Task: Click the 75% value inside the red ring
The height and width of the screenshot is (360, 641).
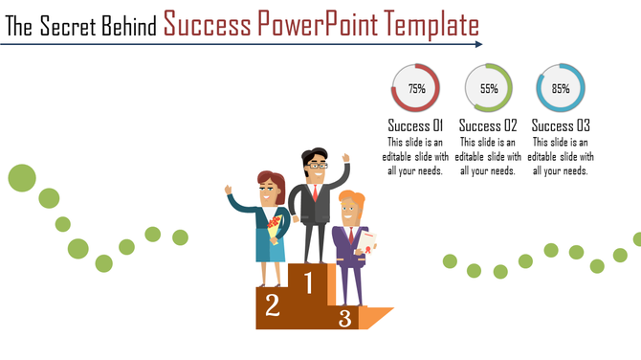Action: point(416,88)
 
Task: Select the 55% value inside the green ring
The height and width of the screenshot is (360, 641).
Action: point(489,88)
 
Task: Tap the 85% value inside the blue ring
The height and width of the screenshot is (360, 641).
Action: point(561,88)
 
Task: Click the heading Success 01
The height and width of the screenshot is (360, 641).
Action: point(416,125)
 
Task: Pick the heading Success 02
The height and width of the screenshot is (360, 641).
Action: point(488,125)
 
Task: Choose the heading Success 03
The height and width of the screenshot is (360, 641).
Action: point(561,125)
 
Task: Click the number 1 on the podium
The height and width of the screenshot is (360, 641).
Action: point(308,281)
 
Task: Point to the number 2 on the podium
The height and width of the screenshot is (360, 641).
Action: point(273,305)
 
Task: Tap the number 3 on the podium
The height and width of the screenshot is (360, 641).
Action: point(344,317)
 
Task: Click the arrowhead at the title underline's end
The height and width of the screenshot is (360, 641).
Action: point(477,44)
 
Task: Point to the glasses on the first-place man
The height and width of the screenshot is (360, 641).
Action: point(316,166)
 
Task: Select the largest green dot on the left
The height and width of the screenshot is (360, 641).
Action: point(22,177)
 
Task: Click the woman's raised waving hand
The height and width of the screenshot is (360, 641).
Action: point(230,191)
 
